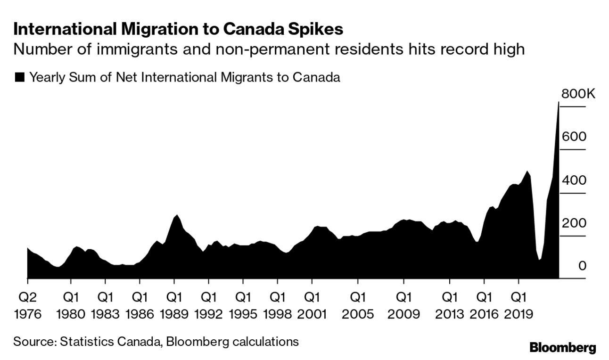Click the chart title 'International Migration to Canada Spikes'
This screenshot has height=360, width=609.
pos(178,29)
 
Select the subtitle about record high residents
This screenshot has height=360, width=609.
pos(269,49)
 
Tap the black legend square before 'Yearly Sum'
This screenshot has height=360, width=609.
pos(19,78)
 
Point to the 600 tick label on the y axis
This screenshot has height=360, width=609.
pos(573,137)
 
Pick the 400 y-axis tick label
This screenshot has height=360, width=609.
pos(573,180)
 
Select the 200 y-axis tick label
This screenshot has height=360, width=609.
pos(573,223)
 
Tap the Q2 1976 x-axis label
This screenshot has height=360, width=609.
pos(28,305)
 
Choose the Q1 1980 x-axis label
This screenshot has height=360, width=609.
pos(71,305)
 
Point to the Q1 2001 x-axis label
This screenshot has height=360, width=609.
pos(311,305)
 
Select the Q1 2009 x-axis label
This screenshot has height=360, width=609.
pos(403,305)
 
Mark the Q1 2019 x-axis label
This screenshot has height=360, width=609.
pos(519,305)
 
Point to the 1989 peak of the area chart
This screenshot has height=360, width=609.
pos(177,215)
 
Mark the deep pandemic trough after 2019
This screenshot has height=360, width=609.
pos(539,259)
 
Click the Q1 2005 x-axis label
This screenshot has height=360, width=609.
pos(357,305)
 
